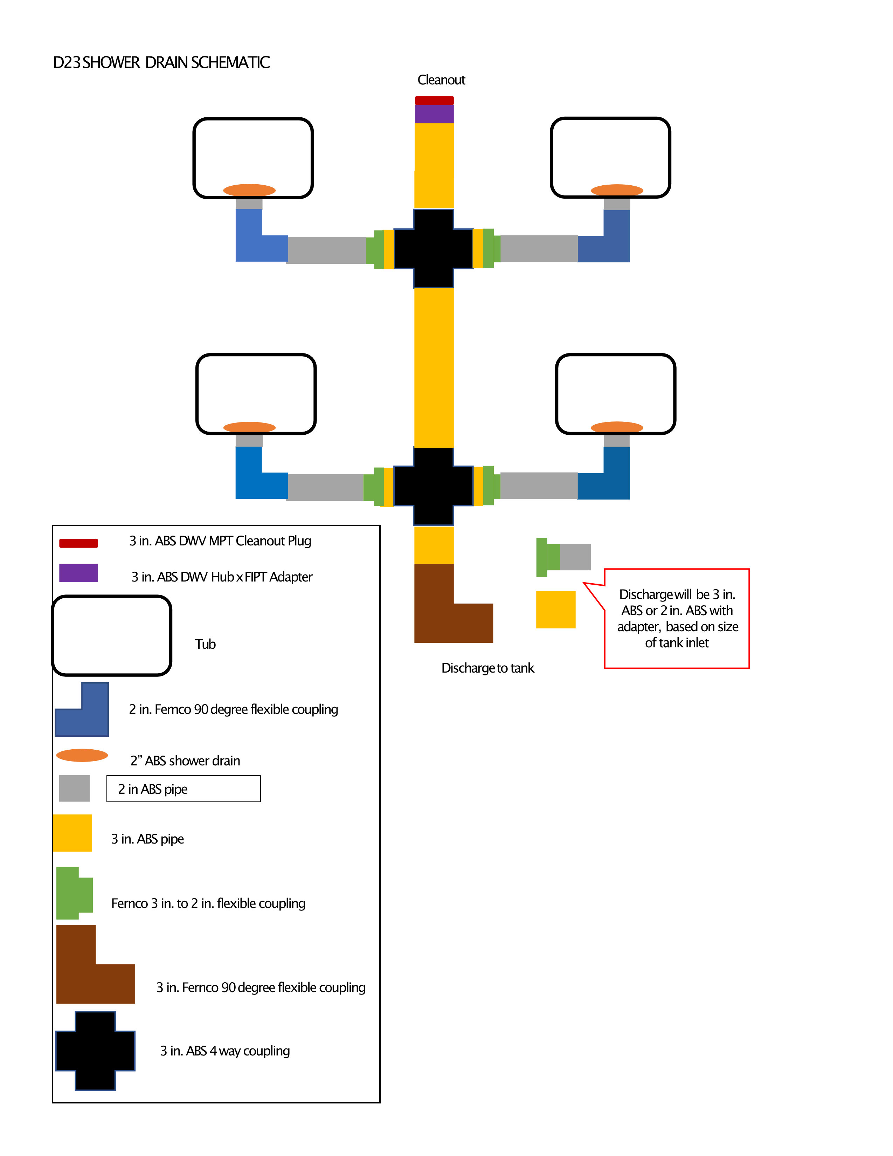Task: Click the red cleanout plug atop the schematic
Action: click(x=434, y=100)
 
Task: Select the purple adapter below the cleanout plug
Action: click(x=434, y=114)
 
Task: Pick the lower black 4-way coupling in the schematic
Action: click(x=433, y=486)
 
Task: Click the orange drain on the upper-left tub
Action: click(x=249, y=190)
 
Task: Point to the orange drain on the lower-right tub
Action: click(x=617, y=427)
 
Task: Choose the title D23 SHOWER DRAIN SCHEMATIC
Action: click(x=161, y=62)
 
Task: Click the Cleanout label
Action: click(x=441, y=80)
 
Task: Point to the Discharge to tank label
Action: click(x=487, y=668)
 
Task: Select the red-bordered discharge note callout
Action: click(x=677, y=618)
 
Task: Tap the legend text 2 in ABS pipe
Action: click(x=153, y=789)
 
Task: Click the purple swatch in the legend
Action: click(x=78, y=573)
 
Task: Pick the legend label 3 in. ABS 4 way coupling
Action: click(x=225, y=1051)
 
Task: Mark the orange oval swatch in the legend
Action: click(x=82, y=755)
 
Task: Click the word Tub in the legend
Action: click(x=205, y=644)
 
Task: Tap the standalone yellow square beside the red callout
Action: click(x=555, y=609)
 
